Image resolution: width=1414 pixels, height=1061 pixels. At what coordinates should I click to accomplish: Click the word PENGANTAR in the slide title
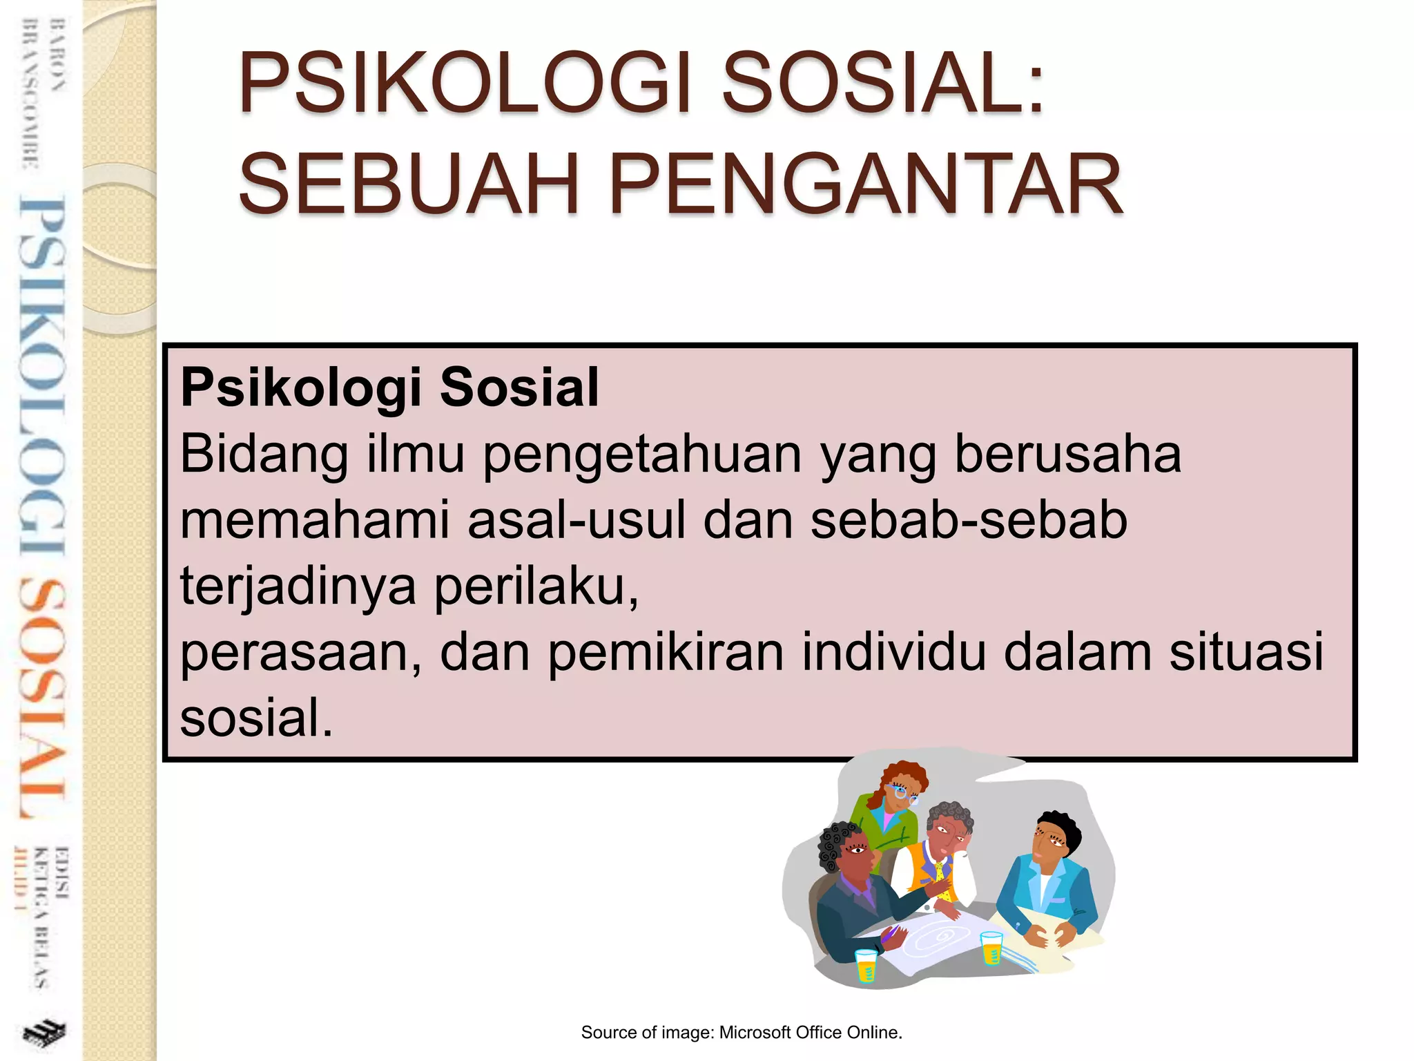(x=866, y=185)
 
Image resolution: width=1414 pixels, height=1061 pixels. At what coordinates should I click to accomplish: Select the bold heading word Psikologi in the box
(x=300, y=388)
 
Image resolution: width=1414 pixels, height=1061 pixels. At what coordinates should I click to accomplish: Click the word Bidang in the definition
(x=264, y=456)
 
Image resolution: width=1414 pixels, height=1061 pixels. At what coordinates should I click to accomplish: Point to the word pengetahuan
(x=642, y=456)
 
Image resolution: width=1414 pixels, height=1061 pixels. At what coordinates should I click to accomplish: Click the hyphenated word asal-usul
(x=577, y=521)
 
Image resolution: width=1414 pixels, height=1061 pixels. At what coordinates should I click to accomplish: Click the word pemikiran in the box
(x=666, y=652)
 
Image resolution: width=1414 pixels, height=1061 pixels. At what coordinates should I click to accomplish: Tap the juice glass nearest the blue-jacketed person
(x=991, y=947)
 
